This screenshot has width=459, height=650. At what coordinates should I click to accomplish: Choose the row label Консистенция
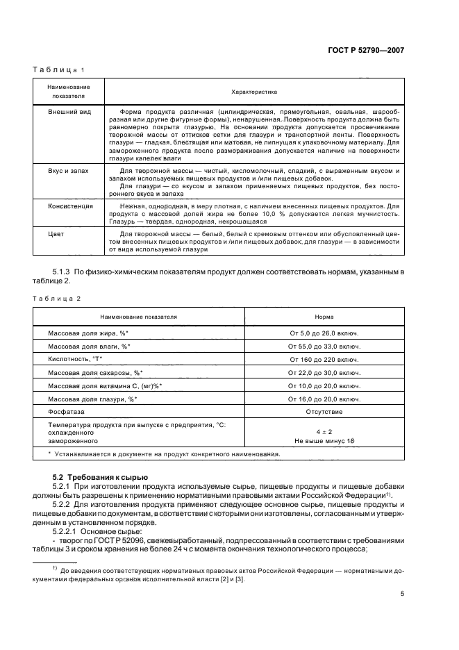[x=71, y=206]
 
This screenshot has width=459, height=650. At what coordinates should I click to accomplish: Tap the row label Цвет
[x=56, y=233]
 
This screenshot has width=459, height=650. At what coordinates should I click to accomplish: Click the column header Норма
[x=324, y=317]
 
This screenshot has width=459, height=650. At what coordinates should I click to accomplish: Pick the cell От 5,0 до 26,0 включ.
[x=324, y=333]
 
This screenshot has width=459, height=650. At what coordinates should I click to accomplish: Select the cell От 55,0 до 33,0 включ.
[x=324, y=347]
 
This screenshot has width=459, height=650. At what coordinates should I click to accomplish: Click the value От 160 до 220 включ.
[x=324, y=360]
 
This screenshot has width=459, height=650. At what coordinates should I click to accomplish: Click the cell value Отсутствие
[x=324, y=412]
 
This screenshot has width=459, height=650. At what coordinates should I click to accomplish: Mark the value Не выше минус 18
[x=324, y=441]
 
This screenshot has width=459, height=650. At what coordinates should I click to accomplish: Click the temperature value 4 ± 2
[x=324, y=432]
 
